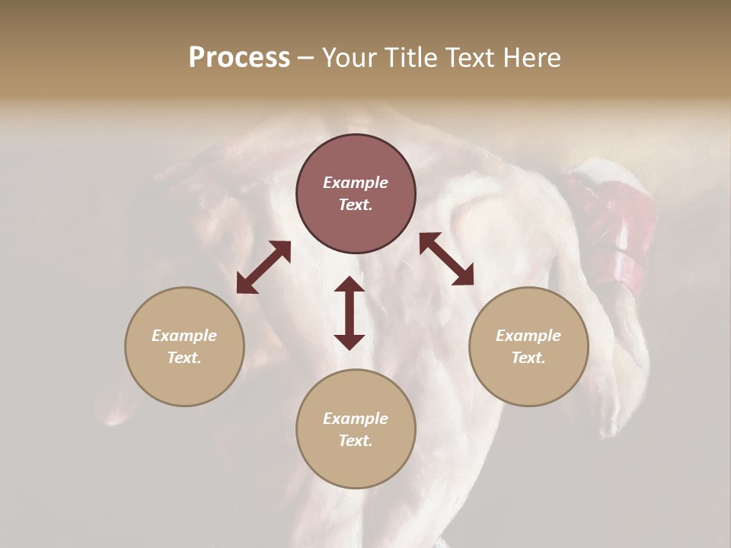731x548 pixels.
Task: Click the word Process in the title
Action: click(239, 58)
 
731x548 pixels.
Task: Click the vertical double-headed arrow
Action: click(350, 313)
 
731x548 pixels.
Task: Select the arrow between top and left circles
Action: click(263, 267)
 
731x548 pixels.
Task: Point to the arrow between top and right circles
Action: click(446, 259)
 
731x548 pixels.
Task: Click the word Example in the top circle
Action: click(356, 183)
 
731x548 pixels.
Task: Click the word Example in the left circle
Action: click(184, 336)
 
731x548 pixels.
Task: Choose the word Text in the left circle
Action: click(184, 358)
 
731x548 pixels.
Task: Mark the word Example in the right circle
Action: click(528, 336)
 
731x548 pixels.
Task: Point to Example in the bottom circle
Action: click(356, 419)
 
